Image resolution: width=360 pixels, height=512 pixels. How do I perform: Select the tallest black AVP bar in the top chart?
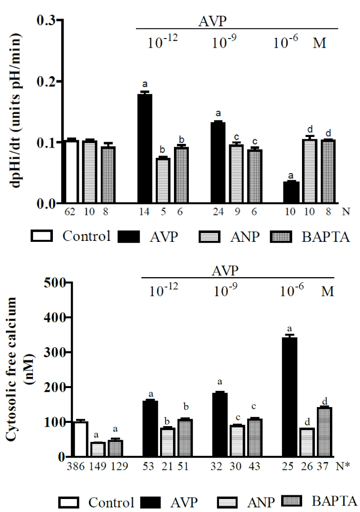(145, 149)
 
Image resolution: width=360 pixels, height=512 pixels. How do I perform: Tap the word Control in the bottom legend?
(111, 502)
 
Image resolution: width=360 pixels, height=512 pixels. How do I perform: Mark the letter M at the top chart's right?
(320, 44)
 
